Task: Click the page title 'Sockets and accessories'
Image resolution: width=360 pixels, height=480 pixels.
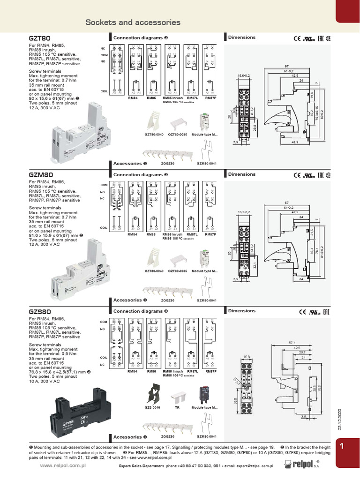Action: (x=133, y=22)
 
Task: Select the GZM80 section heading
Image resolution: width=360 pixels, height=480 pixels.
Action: (x=40, y=175)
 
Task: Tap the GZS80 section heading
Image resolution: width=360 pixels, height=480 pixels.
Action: (x=40, y=311)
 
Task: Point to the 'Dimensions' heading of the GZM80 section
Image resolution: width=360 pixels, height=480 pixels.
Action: (x=241, y=174)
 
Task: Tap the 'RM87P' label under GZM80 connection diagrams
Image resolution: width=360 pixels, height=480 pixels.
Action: (x=210, y=234)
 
